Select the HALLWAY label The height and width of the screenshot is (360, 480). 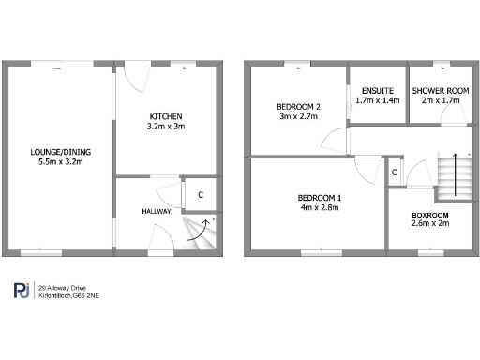(157, 211)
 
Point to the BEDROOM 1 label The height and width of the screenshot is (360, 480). (320, 197)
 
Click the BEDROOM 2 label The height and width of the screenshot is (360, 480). (298, 105)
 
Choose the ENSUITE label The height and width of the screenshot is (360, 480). (378, 89)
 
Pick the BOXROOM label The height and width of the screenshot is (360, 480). (431, 215)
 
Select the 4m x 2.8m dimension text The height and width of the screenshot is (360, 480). (320, 208)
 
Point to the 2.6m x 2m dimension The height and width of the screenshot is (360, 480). (431, 225)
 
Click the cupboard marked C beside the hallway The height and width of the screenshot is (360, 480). (199, 195)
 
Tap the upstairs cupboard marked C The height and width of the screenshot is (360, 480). (394, 172)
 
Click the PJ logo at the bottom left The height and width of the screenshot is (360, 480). (22, 291)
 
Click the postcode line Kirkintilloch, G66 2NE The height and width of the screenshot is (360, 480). (70, 295)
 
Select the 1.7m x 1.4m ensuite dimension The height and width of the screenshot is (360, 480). (378, 99)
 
